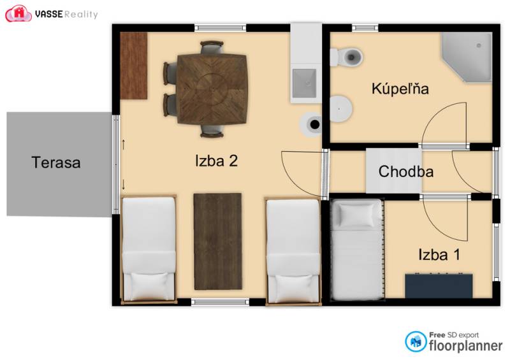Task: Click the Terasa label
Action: click(x=56, y=162)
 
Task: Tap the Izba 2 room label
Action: click(x=216, y=161)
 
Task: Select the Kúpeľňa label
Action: click(x=400, y=89)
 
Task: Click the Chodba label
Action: click(x=406, y=171)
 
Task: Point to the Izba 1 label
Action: click(x=439, y=255)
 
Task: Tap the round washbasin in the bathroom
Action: click(x=340, y=108)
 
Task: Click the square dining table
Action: click(x=212, y=89)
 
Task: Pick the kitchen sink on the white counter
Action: click(x=304, y=80)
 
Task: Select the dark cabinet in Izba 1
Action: click(x=439, y=285)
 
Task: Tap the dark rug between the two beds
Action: click(x=217, y=241)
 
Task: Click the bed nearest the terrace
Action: click(x=149, y=248)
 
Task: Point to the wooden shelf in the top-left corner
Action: click(x=134, y=65)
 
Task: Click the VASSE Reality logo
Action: click(x=52, y=13)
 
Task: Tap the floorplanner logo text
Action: click(x=465, y=346)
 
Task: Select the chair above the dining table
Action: click(x=212, y=48)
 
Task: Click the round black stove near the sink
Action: click(x=313, y=124)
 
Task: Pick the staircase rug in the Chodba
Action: click(x=393, y=171)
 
